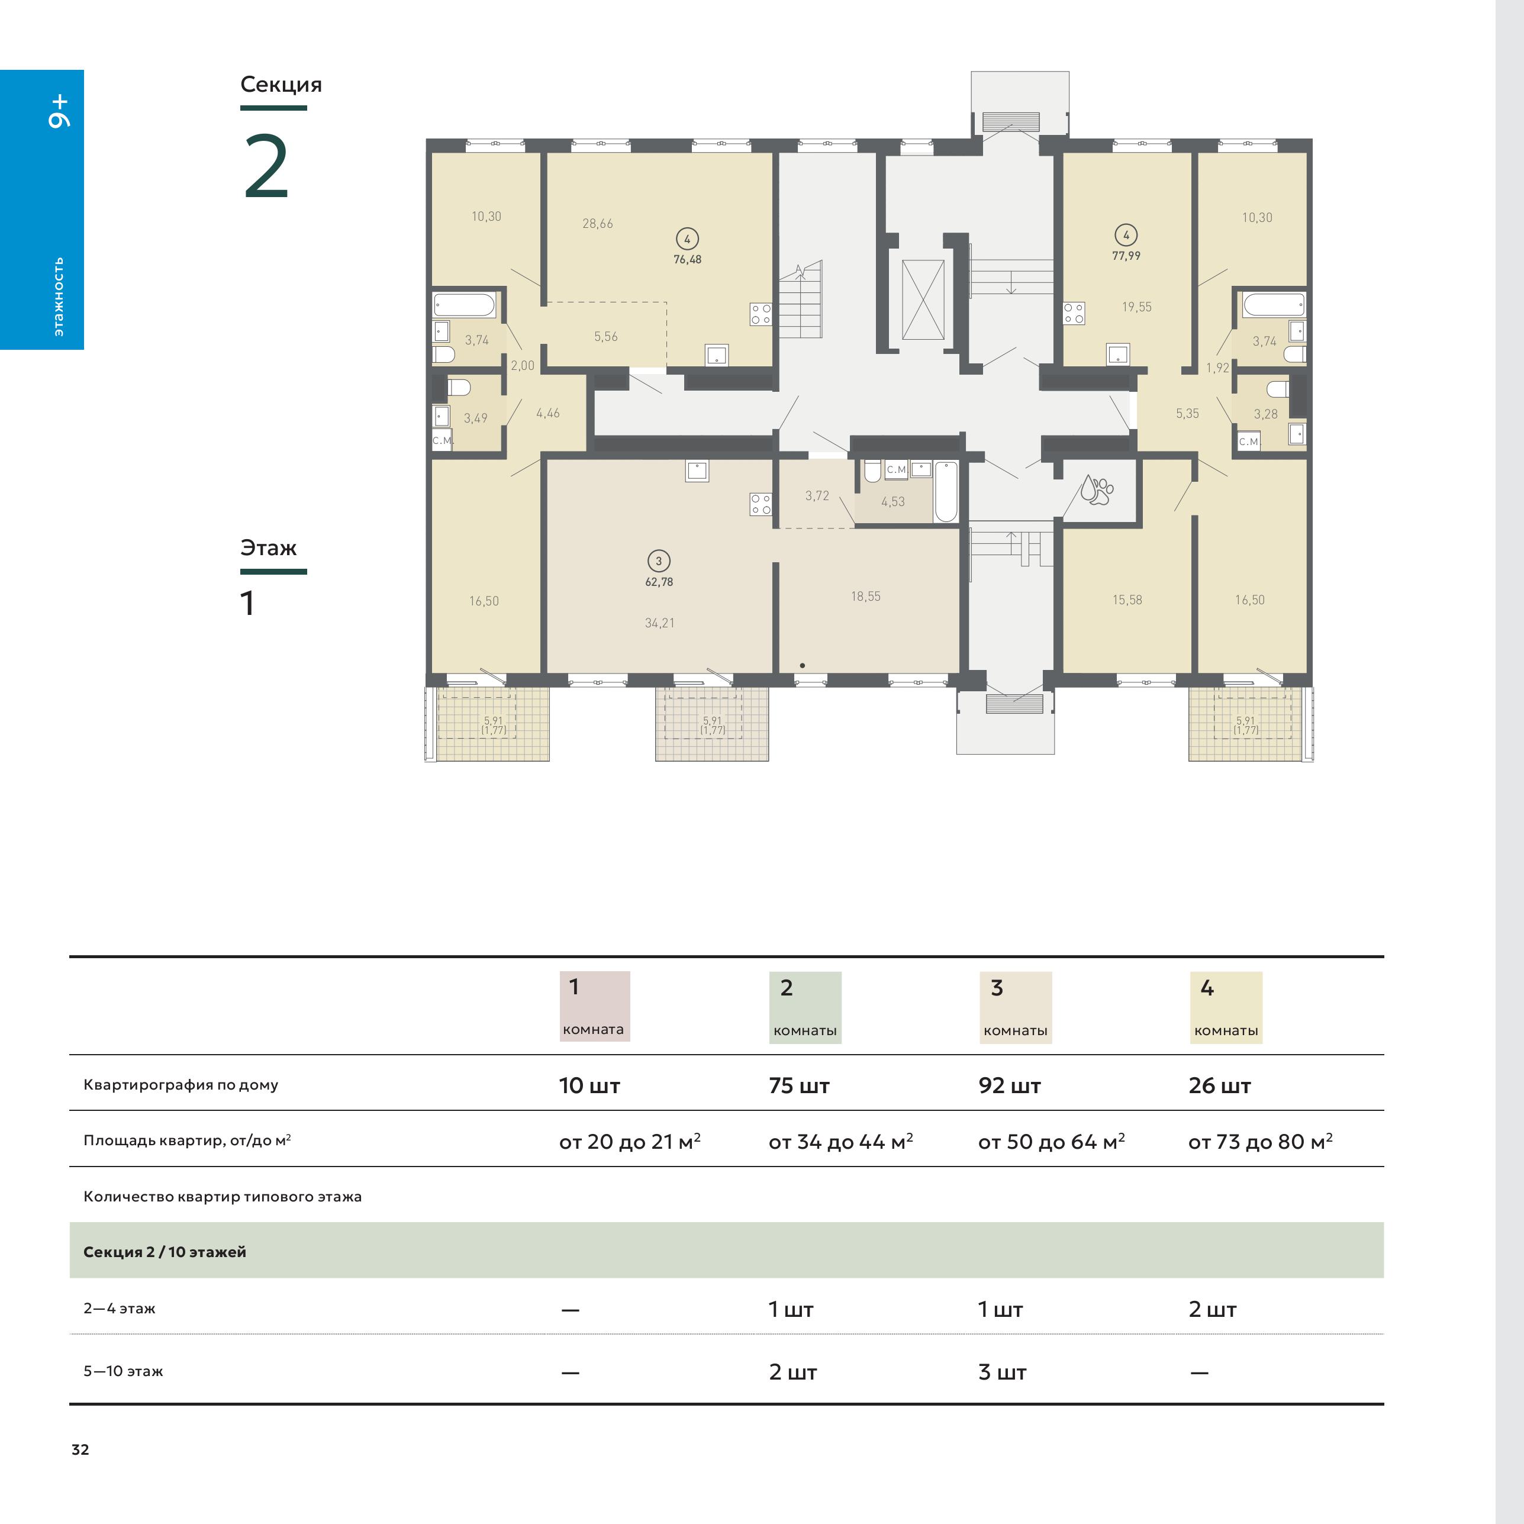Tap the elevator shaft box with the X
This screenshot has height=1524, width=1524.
pyautogui.click(x=923, y=299)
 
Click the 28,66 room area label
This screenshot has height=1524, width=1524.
pyautogui.click(x=597, y=223)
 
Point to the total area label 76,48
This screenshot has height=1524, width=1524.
pyautogui.click(x=687, y=259)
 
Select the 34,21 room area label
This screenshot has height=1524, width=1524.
pyautogui.click(x=659, y=623)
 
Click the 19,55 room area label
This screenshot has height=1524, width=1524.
pyautogui.click(x=1137, y=307)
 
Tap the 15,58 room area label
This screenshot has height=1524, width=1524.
pyautogui.click(x=1127, y=600)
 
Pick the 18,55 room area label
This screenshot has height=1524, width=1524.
pyautogui.click(x=865, y=597)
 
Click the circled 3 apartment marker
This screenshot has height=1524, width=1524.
pyautogui.click(x=659, y=561)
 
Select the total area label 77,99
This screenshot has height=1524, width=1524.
pyautogui.click(x=1126, y=256)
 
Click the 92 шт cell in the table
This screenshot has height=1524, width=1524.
pyautogui.click(x=1009, y=1085)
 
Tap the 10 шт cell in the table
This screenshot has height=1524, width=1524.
pyautogui.click(x=589, y=1085)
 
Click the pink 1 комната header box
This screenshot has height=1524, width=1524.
pyautogui.click(x=595, y=1007)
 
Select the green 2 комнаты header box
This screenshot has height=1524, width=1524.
pyautogui.click(x=806, y=1007)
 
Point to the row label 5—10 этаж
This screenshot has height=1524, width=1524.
pyautogui.click(x=123, y=1371)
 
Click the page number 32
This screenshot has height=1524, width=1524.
pyautogui.click(x=80, y=1449)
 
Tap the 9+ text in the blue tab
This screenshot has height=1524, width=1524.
pyautogui.click(x=59, y=111)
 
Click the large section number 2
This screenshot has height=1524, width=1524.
pyautogui.click(x=266, y=167)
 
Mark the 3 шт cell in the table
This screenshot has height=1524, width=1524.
pyautogui.click(x=1002, y=1372)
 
